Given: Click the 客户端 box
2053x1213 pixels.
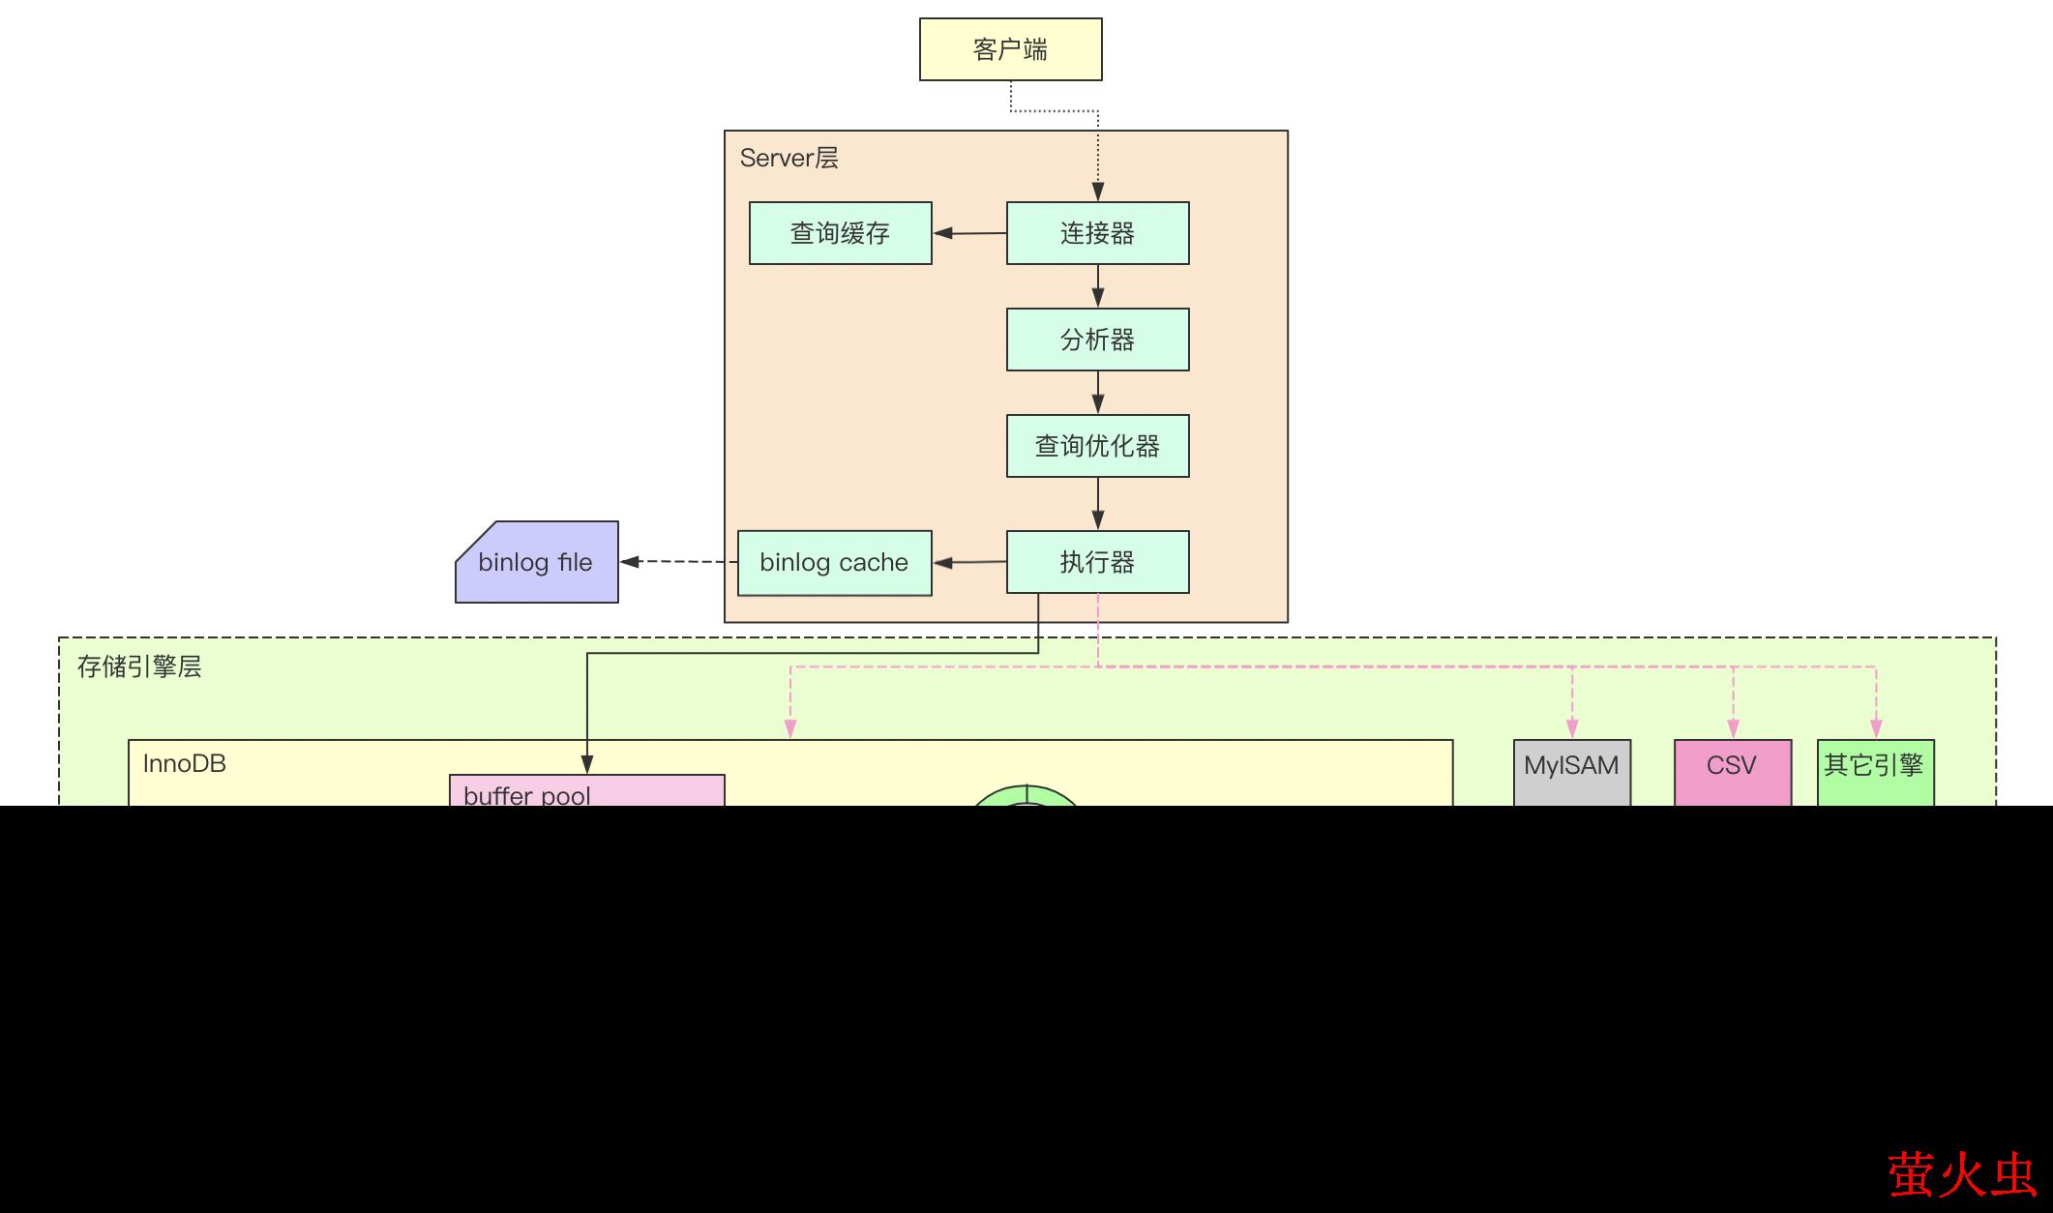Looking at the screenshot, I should tap(1010, 49).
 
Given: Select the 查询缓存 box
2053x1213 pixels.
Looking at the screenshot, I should tap(840, 233).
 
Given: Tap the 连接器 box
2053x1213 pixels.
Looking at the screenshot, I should tap(1097, 233).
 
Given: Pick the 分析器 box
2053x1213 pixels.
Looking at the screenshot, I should tap(1097, 340).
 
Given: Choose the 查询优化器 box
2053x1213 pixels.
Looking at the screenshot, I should tap(1097, 446).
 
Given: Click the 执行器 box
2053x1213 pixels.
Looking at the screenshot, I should tap(1097, 562).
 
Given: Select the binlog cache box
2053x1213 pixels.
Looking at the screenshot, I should tap(834, 563).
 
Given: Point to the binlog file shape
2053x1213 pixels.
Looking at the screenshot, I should tap(536, 562).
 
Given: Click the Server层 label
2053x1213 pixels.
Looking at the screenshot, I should tap(788, 159).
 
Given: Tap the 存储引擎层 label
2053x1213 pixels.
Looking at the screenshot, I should tap(139, 667).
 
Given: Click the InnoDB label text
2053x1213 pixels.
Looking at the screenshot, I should tap(184, 764).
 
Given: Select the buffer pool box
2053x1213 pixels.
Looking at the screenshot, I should tap(586, 791).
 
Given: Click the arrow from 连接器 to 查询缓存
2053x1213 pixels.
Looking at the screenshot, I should tap(969, 233).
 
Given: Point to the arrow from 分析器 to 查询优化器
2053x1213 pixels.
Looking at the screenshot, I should tap(1097, 393).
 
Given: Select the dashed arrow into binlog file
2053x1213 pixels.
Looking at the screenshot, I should tap(678, 561).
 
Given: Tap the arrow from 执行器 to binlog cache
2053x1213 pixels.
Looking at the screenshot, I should tap(969, 562).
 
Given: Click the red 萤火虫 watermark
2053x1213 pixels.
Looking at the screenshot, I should tap(1962, 1173).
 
